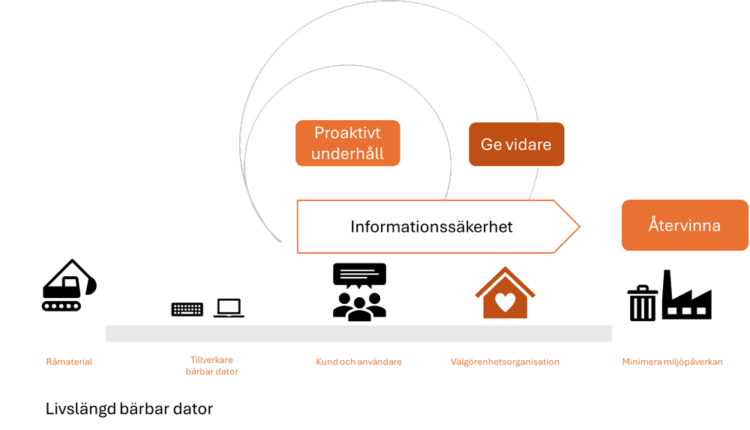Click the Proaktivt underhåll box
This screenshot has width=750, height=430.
coord(347,143)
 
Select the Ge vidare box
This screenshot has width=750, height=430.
coord(516,144)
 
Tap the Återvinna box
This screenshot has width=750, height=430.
coord(684,225)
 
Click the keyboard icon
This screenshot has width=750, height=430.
coord(187,309)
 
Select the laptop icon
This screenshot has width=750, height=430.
coord(229,308)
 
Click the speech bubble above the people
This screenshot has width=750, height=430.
coord(359,274)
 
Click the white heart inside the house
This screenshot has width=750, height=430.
coord(505,302)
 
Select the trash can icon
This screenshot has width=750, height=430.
coord(642,303)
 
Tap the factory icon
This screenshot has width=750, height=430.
coord(687,296)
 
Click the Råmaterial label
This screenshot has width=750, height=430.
coord(69,362)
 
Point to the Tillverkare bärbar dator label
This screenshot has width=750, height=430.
coord(211,366)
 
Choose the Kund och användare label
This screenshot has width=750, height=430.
coord(358,362)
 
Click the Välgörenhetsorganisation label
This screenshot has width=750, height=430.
coord(505,362)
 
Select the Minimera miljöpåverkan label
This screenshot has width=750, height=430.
coord(672,362)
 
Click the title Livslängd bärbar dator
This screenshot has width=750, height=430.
coord(129,409)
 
